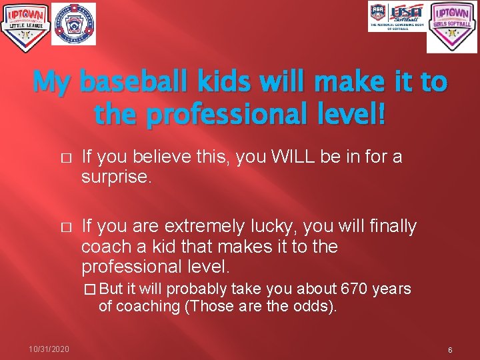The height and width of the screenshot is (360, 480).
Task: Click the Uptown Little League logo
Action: point(25,27)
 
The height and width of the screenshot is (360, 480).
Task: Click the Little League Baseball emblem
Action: point(73,24)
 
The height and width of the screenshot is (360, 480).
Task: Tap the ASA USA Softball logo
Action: point(397,17)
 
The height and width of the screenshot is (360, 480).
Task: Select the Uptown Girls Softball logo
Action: point(452,27)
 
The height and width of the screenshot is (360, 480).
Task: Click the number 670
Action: point(354,289)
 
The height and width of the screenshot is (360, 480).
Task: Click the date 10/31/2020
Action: point(49,349)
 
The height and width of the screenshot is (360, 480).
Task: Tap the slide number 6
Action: point(450,350)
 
